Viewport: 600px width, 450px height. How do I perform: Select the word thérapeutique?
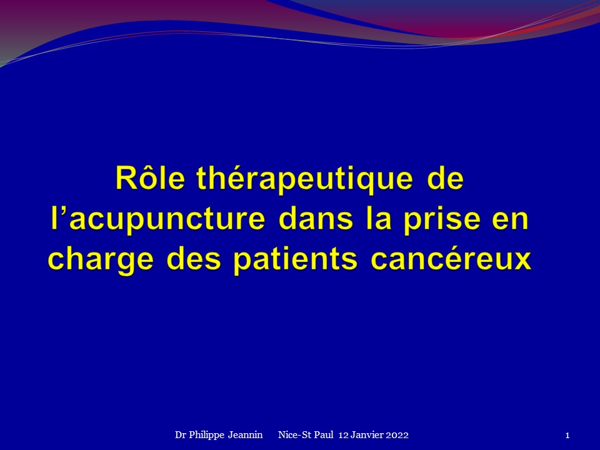304,180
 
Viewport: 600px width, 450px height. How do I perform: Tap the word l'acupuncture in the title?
157,219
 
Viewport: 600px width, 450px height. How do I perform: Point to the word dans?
316,218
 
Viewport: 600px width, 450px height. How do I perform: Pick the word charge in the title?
101,260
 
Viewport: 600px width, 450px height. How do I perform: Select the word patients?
295,260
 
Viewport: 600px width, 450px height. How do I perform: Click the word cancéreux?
451,259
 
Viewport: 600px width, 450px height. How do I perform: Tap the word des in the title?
194,259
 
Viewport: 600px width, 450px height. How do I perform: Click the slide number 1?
567,435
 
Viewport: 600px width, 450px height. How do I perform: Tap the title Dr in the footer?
180,435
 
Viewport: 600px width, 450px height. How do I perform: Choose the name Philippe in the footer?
207,436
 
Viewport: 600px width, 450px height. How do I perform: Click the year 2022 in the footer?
397,435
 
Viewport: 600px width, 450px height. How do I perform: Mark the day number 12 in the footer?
343,435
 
